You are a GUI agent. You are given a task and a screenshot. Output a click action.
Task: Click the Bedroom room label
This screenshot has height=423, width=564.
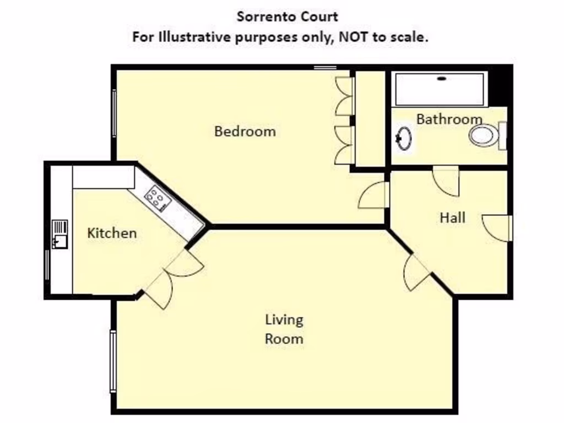245,132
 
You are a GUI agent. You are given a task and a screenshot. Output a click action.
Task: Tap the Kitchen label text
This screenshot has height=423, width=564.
112,233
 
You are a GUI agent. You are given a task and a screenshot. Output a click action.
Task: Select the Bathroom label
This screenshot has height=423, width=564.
449,119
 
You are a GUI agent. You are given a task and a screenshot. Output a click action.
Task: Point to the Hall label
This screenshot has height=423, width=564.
452,218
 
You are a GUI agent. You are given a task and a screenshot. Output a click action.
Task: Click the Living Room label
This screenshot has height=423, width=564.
284,329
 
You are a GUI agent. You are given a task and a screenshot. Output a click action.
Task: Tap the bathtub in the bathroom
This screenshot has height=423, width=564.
440,89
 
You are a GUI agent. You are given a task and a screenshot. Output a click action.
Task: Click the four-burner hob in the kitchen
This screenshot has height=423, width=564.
156,198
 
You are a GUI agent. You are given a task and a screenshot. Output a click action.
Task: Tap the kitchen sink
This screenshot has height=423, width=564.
59,235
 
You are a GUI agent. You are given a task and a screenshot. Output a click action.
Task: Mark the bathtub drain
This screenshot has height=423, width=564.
441,78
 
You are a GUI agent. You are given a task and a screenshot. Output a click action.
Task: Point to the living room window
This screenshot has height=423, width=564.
113,361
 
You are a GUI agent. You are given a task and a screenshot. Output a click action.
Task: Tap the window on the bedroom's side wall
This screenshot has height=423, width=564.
114,113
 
